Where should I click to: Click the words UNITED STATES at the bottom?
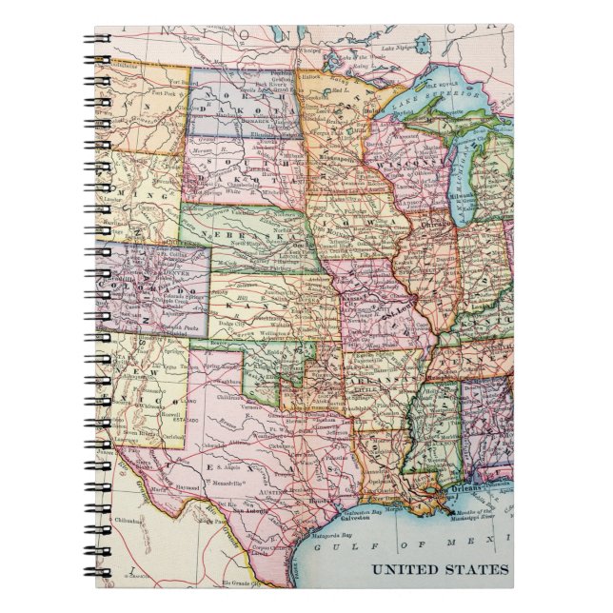click(x=440, y=569)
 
